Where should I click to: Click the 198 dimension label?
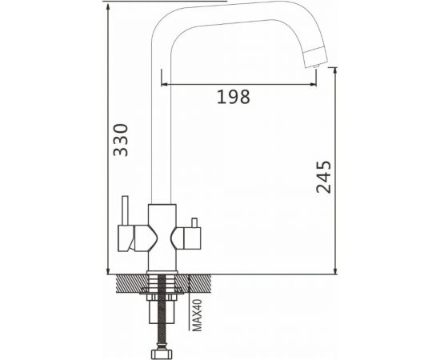point(234,97)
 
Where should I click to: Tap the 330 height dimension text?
point(121,140)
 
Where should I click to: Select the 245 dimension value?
point(323,177)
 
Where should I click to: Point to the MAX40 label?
point(198,315)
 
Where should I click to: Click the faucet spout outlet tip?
point(316,66)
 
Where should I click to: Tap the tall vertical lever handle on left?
point(125,210)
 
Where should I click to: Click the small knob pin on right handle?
point(194,222)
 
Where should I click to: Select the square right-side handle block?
point(192,238)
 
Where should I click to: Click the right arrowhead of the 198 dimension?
point(313,84)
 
